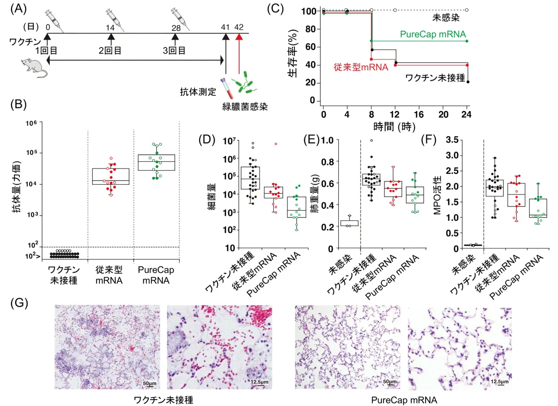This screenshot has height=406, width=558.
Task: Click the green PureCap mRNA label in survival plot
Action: [x=433, y=34]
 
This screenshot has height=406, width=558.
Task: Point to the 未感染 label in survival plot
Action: [x=446, y=18]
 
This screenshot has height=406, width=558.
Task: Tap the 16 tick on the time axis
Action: [x=418, y=114]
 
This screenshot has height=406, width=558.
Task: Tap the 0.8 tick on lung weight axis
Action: [x=327, y=162]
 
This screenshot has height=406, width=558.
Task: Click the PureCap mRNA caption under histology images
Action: [x=404, y=399]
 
